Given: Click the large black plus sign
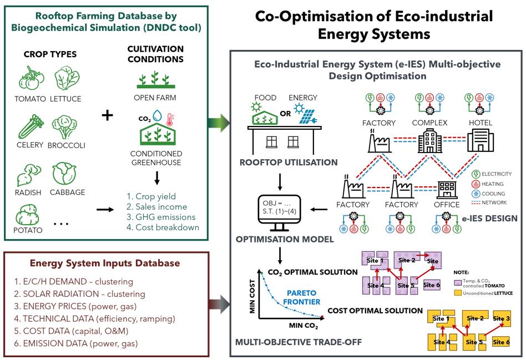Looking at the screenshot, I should coord(108,115).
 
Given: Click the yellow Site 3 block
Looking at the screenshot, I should coord(500,318).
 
